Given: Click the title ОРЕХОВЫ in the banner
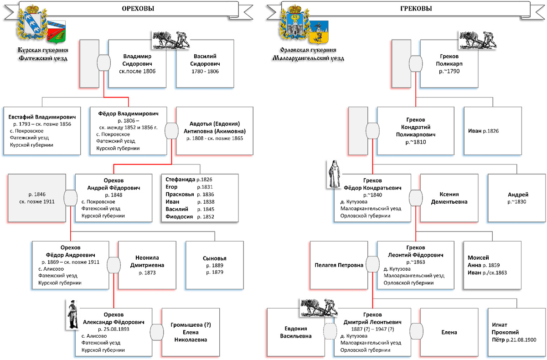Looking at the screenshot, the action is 138,9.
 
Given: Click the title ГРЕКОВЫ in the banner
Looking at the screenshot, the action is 416,9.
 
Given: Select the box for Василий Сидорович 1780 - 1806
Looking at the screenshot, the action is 205,64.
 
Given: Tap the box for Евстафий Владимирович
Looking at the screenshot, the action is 42,131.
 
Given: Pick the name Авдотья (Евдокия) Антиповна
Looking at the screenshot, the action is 215,128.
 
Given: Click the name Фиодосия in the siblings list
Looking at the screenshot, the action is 179,216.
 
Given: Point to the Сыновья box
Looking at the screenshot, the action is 215,265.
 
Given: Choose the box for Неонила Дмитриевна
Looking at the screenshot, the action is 147,265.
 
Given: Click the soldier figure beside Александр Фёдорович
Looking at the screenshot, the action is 72,314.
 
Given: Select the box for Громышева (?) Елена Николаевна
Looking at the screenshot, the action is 191,332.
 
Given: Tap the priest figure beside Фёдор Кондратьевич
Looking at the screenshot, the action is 334,174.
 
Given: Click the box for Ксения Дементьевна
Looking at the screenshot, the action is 449,198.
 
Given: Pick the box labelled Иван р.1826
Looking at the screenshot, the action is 493,131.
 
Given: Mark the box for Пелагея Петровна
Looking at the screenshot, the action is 339,265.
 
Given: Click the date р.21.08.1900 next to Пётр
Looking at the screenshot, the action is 521,340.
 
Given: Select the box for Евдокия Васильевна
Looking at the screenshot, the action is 296,332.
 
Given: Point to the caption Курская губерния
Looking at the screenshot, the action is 43,50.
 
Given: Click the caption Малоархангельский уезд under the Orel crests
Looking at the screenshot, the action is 308,58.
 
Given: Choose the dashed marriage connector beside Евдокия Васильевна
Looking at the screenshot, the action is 330,331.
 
